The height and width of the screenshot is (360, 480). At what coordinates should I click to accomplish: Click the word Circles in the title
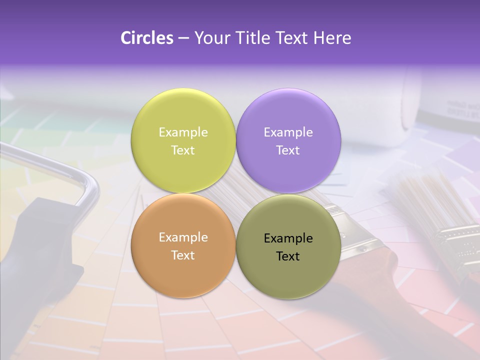[x=146, y=38]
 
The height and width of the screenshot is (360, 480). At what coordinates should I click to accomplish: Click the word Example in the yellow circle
[x=183, y=132]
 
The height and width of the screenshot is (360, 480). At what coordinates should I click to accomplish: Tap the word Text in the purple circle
[x=288, y=150]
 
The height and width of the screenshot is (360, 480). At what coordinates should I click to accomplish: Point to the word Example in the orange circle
[x=183, y=237]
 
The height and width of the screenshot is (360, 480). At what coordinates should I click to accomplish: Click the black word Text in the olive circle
[x=288, y=256]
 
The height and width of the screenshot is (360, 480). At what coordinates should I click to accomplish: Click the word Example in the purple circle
[x=288, y=132]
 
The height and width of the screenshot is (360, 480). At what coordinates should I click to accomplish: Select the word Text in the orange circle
[x=183, y=255]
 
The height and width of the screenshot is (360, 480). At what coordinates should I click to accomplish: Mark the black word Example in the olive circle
[x=288, y=238]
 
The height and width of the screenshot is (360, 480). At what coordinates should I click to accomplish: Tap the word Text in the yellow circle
[x=183, y=150]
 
